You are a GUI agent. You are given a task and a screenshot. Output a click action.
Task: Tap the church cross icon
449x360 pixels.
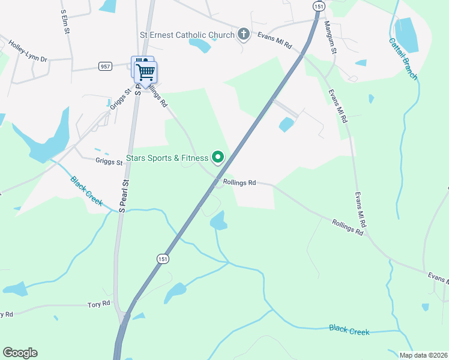(x=244, y=34)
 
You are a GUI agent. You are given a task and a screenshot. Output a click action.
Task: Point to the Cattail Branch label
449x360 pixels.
(x=403, y=59)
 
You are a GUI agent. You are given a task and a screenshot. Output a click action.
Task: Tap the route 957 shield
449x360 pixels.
(x=106, y=66)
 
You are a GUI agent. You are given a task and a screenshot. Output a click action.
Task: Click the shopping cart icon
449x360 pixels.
(x=145, y=73)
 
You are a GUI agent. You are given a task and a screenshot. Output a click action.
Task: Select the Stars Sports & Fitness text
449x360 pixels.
(x=167, y=158)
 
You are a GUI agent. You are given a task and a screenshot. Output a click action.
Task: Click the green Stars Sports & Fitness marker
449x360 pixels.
(x=218, y=158)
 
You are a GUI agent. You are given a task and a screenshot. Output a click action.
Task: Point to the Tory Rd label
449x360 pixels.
(x=98, y=304)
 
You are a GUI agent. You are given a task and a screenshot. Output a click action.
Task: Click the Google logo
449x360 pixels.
(x=20, y=353)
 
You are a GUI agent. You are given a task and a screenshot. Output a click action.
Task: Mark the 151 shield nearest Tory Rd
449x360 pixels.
(x=163, y=258)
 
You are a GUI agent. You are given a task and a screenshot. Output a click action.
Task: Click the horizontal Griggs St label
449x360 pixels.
(x=109, y=160)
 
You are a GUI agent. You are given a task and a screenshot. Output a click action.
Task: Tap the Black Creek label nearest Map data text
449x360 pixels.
(x=349, y=329)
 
